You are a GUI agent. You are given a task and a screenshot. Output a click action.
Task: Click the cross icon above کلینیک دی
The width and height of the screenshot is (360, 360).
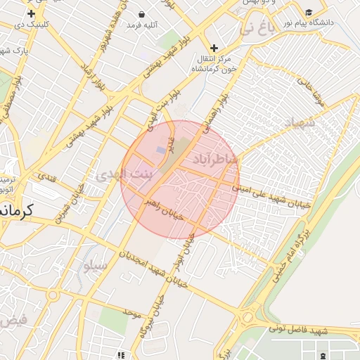31,14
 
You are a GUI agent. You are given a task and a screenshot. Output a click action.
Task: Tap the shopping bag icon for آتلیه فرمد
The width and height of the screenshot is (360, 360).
142,14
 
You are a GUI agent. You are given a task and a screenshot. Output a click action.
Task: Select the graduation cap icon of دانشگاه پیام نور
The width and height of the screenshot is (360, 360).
309,13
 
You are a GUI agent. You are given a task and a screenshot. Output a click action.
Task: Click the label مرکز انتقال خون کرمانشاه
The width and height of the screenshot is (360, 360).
214,63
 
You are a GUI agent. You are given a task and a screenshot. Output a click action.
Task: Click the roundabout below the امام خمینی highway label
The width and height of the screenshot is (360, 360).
247,317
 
